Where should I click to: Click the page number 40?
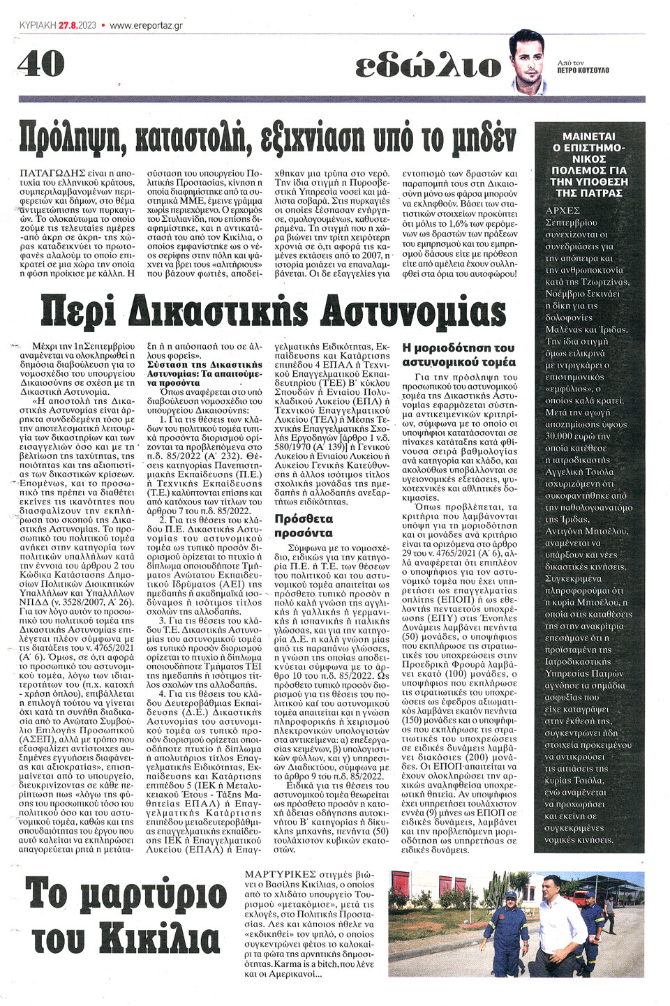tap(41, 64)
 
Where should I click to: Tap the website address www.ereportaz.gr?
tap(146, 25)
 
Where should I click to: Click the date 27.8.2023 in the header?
tap(77, 25)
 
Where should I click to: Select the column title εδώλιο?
tap(428, 66)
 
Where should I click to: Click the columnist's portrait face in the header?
tap(528, 60)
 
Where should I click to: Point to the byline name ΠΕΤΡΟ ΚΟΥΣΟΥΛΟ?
tap(583, 70)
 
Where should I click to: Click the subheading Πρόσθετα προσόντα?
tap(304, 525)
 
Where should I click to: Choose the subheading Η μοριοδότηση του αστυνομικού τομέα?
tap(459, 354)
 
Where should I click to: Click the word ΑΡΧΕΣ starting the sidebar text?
tap(563, 210)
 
